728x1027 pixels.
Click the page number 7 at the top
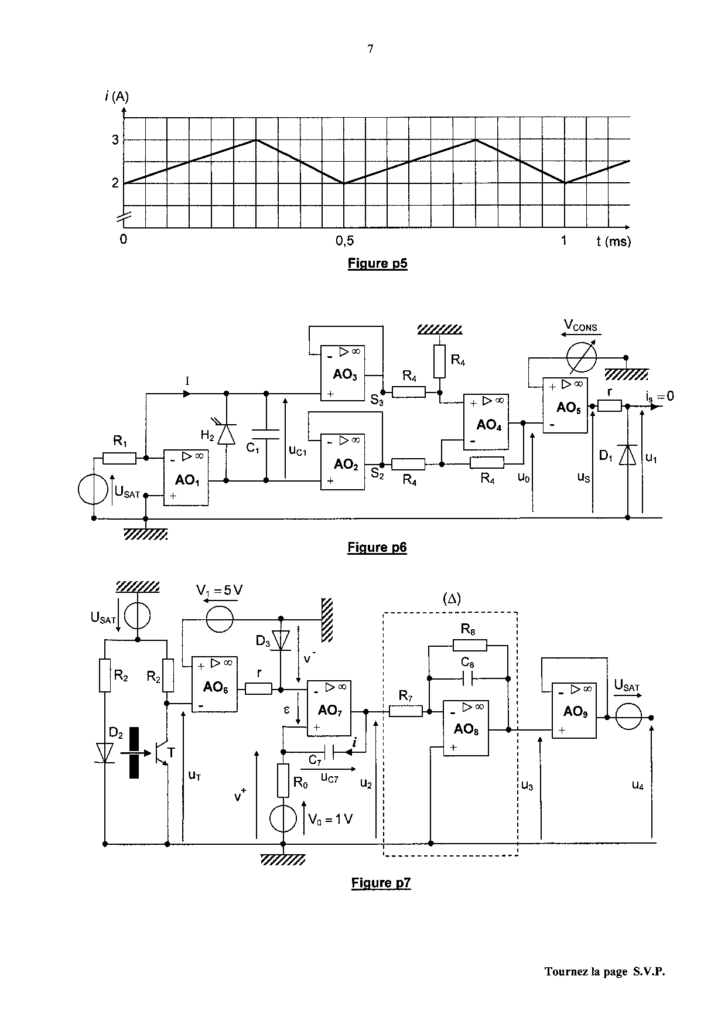coord(370,49)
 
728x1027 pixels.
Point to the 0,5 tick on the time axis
coord(344,240)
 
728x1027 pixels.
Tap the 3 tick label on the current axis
coord(116,140)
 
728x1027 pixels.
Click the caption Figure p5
coord(377,263)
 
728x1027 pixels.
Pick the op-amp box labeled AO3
coord(343,373)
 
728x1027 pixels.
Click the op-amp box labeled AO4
coord(486,422)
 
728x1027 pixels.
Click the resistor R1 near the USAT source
coord(120,458)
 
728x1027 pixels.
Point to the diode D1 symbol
coord(627,455)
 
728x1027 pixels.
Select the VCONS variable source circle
coord(582,357)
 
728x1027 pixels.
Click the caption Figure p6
coord(377,547)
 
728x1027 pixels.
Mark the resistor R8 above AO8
coord(470,646)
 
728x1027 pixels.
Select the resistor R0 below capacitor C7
coord(283,780)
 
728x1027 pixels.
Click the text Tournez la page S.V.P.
coord(605,971)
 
